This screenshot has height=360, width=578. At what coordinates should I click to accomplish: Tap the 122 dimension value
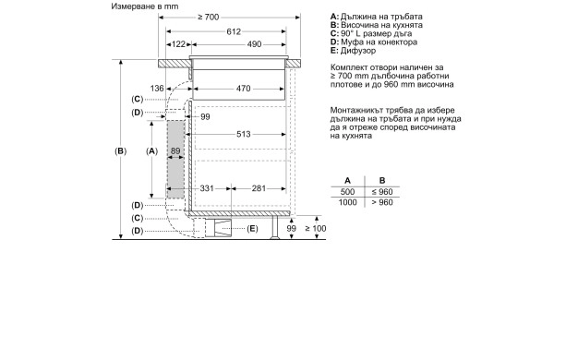tap(177, 44)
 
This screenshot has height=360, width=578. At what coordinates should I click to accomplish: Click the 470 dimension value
tap(243, 89)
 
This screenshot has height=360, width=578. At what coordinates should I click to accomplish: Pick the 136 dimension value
tap(157, 89)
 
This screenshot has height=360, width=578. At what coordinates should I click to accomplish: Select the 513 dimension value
tap(243, 134)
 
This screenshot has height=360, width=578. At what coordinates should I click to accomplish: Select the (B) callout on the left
tap(119, 150)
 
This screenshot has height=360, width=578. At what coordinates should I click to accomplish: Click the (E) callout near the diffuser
tap(252, 228)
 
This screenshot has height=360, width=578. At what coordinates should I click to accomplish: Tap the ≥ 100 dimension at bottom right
tap(315, 228)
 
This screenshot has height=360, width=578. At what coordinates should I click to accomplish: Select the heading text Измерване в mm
tap(146, 6)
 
